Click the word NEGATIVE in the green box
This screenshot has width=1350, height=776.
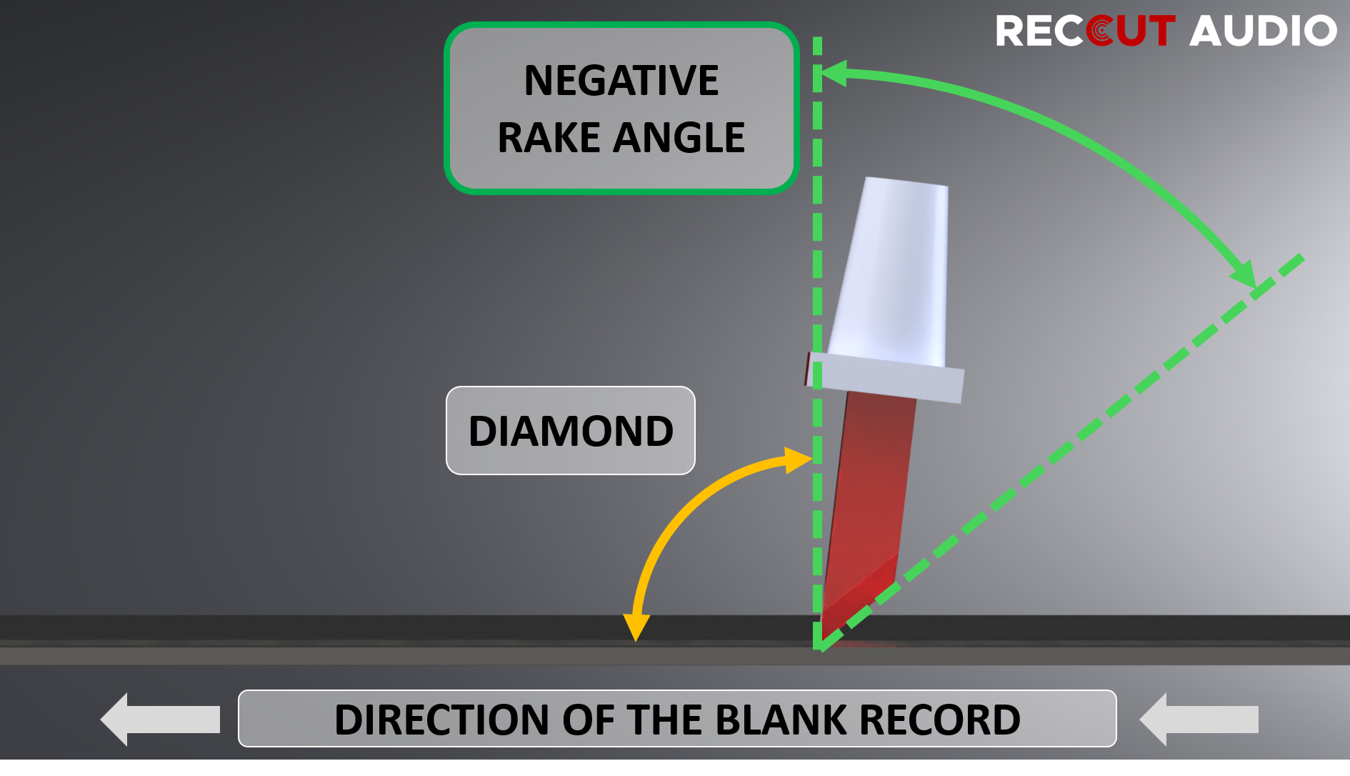tap(621, 80)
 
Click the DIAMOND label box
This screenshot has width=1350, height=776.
tap(570, 431)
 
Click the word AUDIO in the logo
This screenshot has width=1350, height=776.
tap(1262, 31)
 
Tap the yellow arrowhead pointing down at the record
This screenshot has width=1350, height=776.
tap(635, 627)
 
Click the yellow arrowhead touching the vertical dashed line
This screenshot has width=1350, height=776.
tap(797, 460)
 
